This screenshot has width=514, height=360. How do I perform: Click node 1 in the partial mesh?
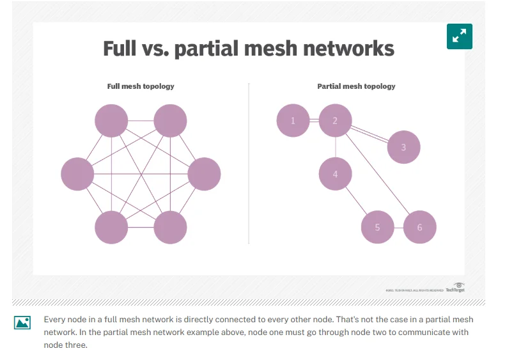(293, 121)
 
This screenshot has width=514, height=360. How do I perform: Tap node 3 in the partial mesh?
(403, 147)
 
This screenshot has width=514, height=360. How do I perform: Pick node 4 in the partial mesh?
(335, 173)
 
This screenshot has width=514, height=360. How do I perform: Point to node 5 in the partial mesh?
(377, 227)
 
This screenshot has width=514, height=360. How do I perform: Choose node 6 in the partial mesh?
(419, 227)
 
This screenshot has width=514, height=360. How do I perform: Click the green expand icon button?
(459, 37)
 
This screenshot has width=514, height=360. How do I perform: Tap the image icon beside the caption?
(22, 322)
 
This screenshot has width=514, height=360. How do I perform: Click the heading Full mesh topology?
(141, 86)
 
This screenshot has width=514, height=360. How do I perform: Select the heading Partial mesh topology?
(356, 86)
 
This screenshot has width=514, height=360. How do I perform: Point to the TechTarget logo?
(455, 288)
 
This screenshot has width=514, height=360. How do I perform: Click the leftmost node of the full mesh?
(77, 173)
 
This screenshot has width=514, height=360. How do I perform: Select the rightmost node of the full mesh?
(204, 173)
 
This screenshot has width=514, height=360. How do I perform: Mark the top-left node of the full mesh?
(111, 121)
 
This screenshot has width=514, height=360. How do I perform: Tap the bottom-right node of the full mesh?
(170, 227)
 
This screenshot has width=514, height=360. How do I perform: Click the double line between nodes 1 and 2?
(314, 121)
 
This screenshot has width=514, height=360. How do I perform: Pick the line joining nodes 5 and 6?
(398, 227)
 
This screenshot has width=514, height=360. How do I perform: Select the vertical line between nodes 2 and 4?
(335, 147)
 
